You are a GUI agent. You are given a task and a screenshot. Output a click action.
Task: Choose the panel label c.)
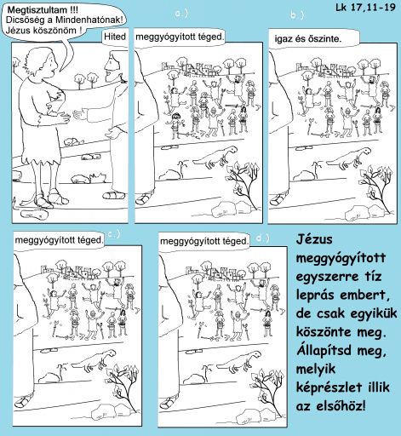point(114,233)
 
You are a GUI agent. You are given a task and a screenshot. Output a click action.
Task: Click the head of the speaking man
point(41,59)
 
